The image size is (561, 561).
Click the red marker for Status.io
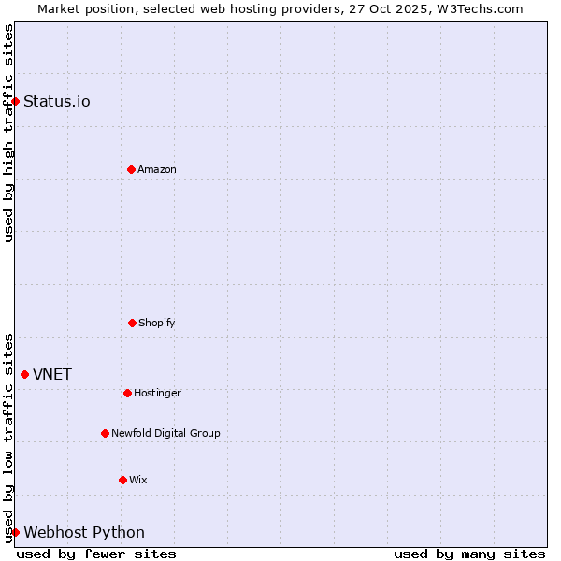click(15, 101)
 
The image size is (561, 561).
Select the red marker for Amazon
click(131, 169)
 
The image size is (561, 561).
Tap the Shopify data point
click(132, 323)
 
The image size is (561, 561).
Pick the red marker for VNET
click(24, 374)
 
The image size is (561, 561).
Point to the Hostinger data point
click(127, 393)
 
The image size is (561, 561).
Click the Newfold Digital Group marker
click(105, 433)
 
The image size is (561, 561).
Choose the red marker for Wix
click(122, 480)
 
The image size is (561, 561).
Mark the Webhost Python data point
click(15, 532)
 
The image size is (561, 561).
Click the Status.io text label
click(57, 101)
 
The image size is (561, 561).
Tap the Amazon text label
click(157, 169)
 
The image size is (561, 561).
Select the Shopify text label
click(157, 323)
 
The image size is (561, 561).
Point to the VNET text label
click(52, 374)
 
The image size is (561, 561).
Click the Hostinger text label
click(157, 393)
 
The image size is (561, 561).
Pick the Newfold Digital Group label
click(165, 433)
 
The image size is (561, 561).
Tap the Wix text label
click(138, 480)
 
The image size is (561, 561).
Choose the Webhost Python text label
click(84, 532)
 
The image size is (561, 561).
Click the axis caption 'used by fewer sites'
click(96, 554)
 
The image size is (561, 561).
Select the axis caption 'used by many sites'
click(469, 554)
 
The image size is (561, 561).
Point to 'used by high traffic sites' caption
click(8, 133)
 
